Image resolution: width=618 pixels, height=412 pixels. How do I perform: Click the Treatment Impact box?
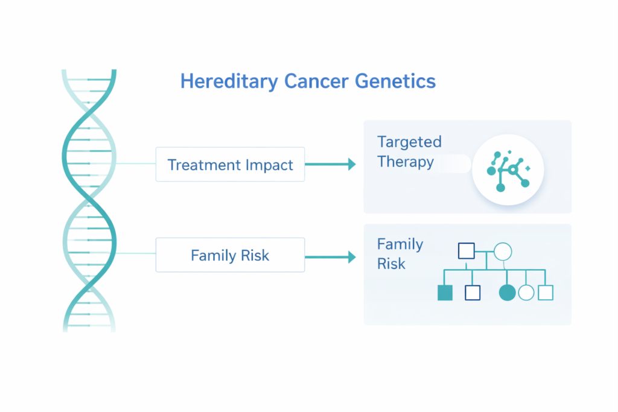coord(230,164)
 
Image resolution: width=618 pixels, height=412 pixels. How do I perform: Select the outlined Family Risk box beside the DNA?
coord(230,255)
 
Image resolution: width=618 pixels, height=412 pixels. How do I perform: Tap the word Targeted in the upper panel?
coord(409,142)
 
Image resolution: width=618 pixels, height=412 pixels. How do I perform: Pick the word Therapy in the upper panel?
coord(405,162)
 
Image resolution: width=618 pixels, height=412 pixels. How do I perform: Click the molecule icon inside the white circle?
coord(508,170)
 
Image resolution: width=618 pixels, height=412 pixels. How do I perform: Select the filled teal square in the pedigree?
coord(445,293)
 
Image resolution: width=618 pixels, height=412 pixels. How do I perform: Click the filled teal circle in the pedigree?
coord(508,293)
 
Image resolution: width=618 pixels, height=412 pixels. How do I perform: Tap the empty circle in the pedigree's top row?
coord(503,251)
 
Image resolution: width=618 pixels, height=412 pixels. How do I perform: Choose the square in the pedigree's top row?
coord(466,251)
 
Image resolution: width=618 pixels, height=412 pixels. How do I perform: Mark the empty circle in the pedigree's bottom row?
coord(526,293)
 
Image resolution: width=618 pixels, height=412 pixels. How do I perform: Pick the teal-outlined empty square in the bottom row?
coord(546,293)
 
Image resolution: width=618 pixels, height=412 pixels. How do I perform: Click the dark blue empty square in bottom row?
coord(473,293)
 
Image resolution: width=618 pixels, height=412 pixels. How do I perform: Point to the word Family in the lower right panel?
coord(400,244)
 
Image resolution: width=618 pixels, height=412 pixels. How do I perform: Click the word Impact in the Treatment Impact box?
coord(270,165)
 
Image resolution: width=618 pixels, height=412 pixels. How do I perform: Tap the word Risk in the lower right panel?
coord(391,264)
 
